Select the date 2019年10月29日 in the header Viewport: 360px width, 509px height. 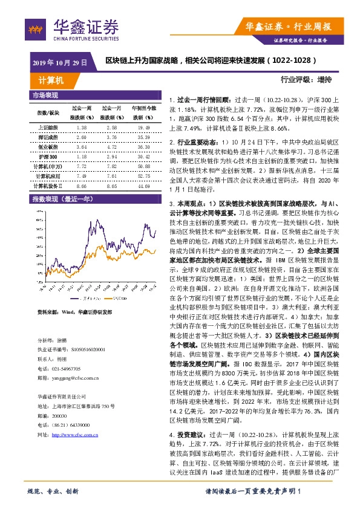[60, 62]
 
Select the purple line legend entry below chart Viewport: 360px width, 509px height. [82, 298]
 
